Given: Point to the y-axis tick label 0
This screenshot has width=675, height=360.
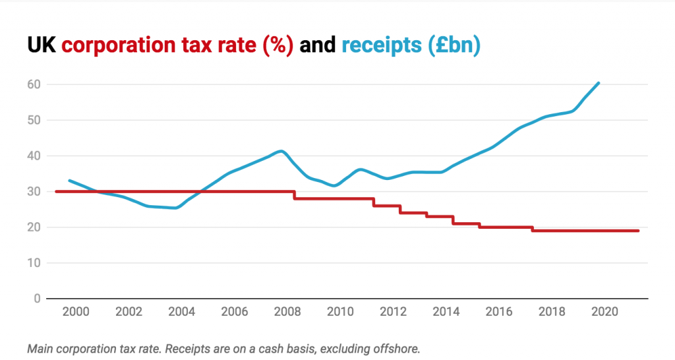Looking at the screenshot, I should pyautogui.click(x=37, y=299).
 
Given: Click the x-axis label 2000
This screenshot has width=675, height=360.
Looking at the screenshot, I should pyautogui.click(x=76, y=312).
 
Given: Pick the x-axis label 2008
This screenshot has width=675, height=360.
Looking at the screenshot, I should pyautogui.click(x=285, y=312).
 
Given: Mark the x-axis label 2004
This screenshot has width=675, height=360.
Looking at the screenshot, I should pyautogui.click(x=181, y=312).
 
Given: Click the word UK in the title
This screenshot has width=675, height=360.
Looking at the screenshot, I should pyautogui.click(x=42, y=45).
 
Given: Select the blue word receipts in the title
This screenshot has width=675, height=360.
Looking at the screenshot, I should pyautogui.click(x=381, y=45).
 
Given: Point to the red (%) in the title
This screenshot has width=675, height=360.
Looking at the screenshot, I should pyautogui.click(x=277, y=45).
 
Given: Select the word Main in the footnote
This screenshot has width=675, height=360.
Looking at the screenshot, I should pyautogui.click(x=40, y=348).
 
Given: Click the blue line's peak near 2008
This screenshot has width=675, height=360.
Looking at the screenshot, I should pyautogui.click(x=282, y=151).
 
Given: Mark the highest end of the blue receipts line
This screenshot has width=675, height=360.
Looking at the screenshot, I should pyautogui.click(x=598, y=83).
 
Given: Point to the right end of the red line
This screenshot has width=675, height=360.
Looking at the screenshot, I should pyautogui.click(x=638, y=231).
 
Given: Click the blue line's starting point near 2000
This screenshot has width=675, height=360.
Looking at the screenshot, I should pyautogui.click(x=69, y=180).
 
